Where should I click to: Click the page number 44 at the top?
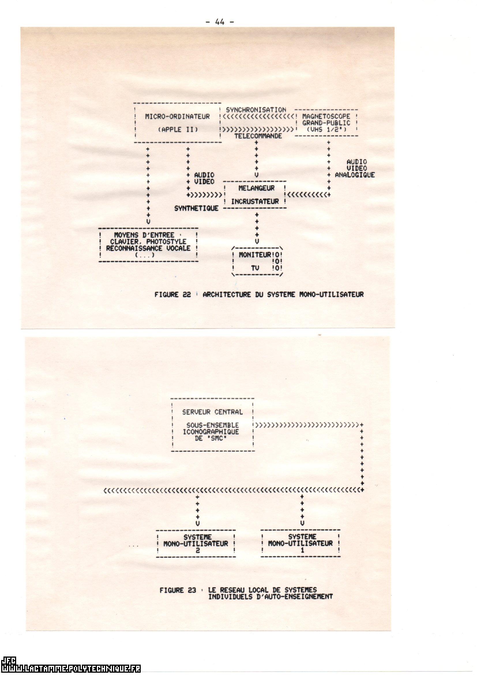(220, 22)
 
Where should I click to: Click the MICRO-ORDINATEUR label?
(177, 117)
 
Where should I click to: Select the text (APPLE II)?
(178, 130)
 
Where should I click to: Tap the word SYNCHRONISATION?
(256, 110)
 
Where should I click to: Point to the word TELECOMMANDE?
(258, 136)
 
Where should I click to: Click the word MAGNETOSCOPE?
(326, 116)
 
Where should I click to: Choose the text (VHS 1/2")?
(326, 129)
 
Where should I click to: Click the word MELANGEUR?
(256, 188)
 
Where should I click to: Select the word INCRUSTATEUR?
(255, 202)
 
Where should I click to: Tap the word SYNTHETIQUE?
(196, 208)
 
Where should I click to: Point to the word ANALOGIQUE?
(355, 175)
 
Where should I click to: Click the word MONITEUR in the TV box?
(255, 255)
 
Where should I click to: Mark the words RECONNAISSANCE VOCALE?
(148, 248)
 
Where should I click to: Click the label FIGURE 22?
(173, 294)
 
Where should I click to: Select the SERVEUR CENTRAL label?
(212, 412)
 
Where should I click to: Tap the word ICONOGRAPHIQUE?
(211, 432)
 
